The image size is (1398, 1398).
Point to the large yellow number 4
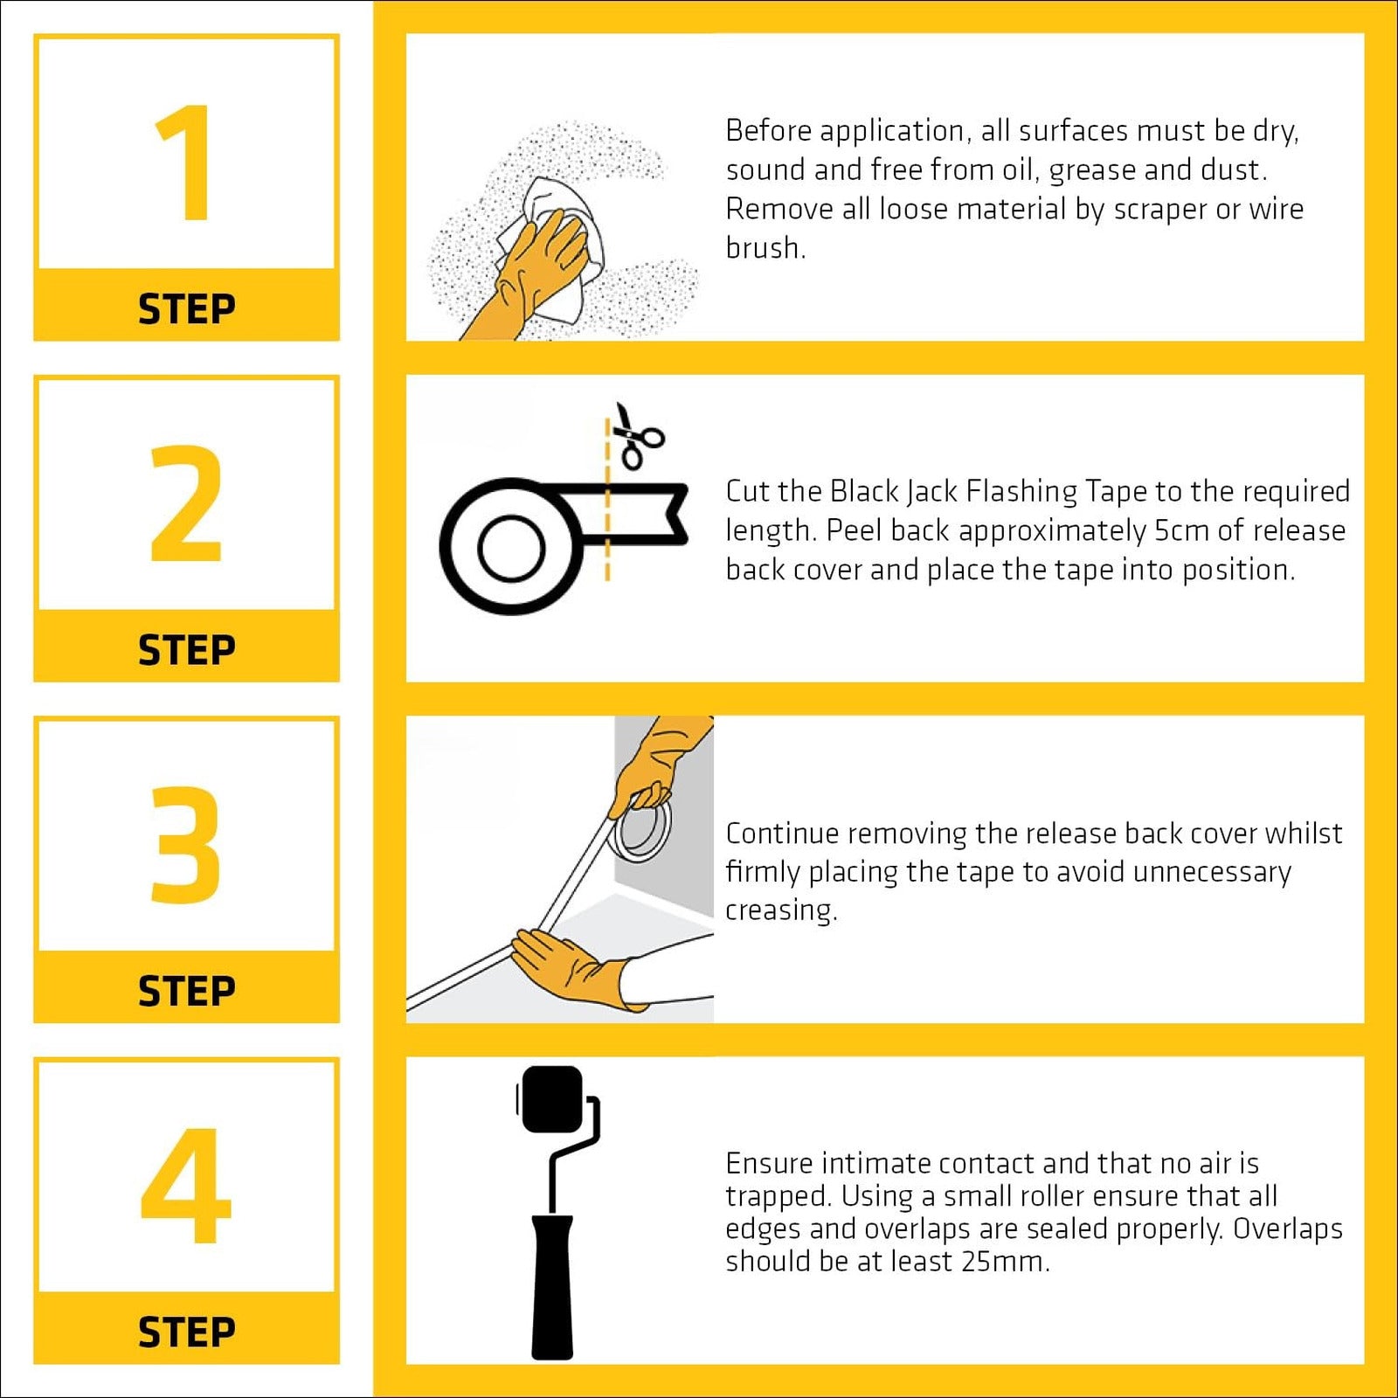[186, 1185]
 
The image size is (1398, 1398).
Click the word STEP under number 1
[187, 309]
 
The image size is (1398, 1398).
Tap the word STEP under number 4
[187, 1332]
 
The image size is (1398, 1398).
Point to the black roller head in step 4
[550, 1099]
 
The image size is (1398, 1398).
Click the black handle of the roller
[552, 1286]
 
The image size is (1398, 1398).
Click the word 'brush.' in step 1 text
[765, 248]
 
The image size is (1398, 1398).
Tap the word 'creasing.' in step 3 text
[781, 910]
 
